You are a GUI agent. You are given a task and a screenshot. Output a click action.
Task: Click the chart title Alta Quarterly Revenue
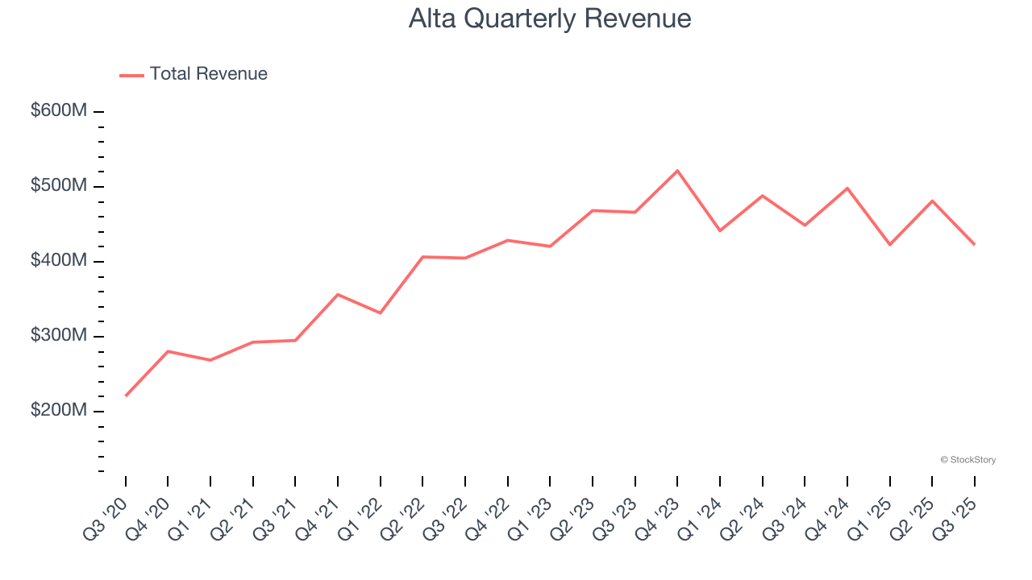click(x=550, y=19)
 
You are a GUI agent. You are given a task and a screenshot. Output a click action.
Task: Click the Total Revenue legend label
click(x=208, y=74)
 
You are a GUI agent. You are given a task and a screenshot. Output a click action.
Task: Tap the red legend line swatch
click(x=131, y=75)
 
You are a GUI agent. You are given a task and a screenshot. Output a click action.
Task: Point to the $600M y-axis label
click(x=59, y=111)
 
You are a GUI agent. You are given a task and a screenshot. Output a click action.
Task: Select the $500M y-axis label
click(x=59, y=186)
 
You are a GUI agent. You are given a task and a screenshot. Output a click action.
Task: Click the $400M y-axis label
click(x=59, y=261)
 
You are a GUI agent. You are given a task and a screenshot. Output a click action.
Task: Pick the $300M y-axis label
click(x=59, y=336)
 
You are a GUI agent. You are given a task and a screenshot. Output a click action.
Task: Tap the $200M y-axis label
click(x=59, y=411)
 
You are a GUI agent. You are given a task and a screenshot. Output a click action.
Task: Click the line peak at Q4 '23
click(x=677, y=171)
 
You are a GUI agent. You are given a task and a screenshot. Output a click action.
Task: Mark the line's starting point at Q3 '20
click(x=126, y=396)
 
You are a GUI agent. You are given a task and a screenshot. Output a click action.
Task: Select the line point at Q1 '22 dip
click(x=381, y=313)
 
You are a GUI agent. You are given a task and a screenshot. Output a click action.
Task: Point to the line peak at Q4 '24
click(x=847, y=188)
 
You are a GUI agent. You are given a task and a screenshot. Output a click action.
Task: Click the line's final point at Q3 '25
click(x=974, y=244)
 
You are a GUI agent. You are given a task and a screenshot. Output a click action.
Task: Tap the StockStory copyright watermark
click(x=967, y=460)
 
